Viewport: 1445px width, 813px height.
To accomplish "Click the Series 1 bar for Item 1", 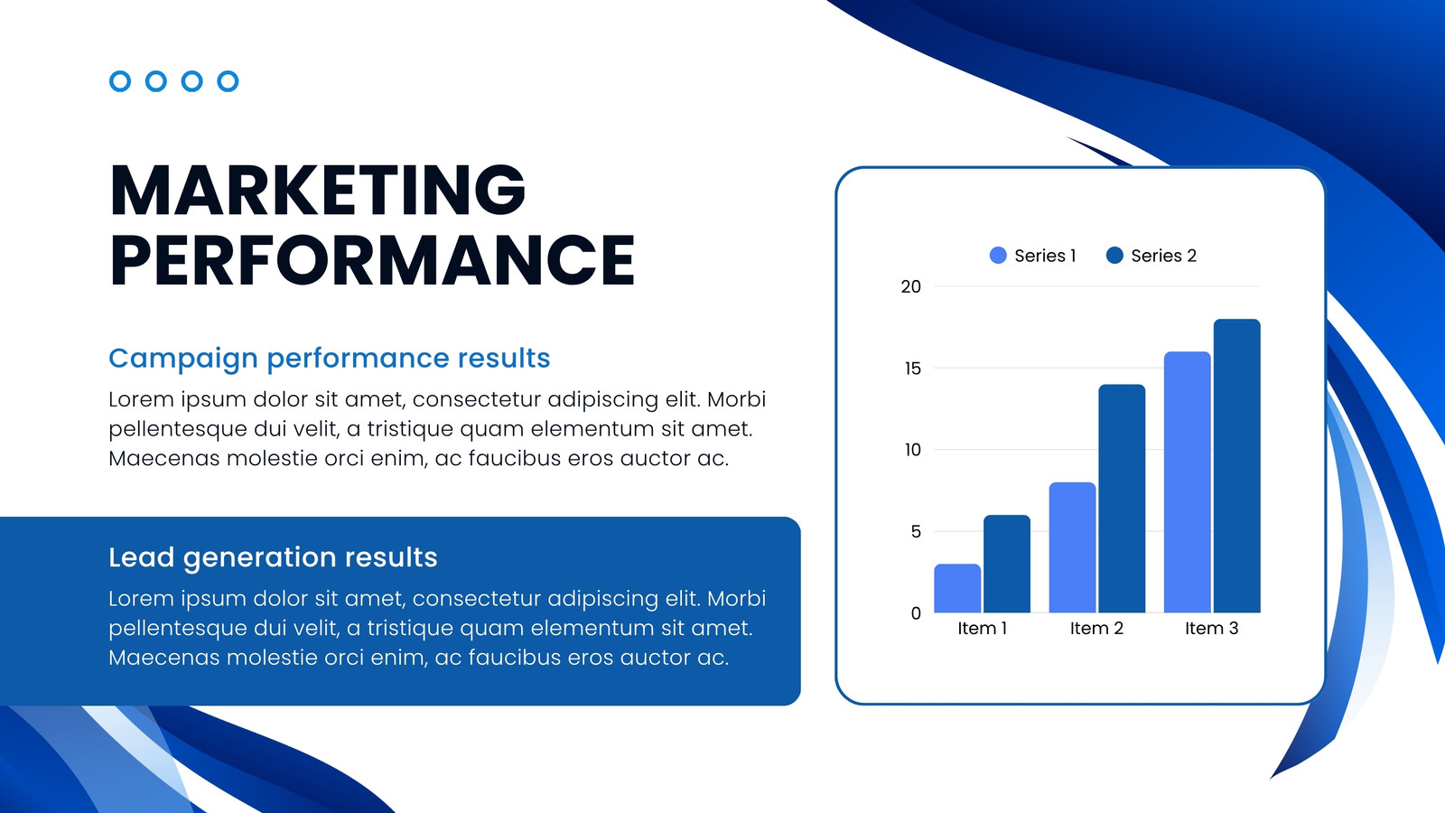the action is coord(957,588).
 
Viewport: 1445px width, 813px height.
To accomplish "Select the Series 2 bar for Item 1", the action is coord(1007,564).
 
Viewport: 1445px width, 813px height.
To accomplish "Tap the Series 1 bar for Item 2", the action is coord(1072,547).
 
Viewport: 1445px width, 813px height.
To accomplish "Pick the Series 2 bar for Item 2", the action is coord(1122,499).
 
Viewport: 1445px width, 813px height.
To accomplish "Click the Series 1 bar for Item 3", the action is coord(1187,482).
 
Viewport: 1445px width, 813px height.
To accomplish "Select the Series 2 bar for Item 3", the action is coord(1236,466).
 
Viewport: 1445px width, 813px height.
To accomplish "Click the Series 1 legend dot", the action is coord(998,256).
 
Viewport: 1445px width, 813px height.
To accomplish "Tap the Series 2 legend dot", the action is coord(1114,256).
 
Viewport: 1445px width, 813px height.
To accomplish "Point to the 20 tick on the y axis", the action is coord(911,286).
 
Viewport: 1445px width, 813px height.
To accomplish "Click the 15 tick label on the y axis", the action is coord(913,369).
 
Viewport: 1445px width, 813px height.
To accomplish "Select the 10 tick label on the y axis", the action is coord(913,450).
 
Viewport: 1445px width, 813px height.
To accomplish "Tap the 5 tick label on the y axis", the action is coord(916,532).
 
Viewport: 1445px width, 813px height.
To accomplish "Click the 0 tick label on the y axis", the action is coord(916,613).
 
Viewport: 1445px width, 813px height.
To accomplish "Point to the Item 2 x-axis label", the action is coord(1096,628).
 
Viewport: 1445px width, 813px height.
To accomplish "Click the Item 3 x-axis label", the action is coord(1211,628).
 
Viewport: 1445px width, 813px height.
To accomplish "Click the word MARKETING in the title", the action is coord(318,190).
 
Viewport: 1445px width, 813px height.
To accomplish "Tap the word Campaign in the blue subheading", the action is coord(183,359).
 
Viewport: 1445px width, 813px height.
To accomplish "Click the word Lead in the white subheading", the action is coord(141,556).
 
